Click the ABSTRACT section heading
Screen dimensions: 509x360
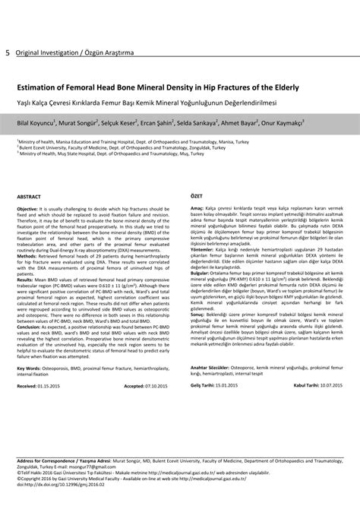(28, 196)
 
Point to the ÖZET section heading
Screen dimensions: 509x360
(197, 196)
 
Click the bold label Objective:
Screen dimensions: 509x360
(27, 209)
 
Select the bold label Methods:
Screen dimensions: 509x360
(27, 256)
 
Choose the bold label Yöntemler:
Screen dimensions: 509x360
(202, 248)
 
